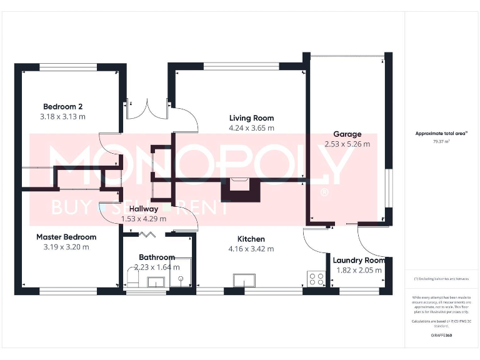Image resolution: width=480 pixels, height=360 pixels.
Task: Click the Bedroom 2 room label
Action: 62,106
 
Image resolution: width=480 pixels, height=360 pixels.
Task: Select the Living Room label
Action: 251,118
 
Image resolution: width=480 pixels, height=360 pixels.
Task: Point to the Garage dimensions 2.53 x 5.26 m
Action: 347,144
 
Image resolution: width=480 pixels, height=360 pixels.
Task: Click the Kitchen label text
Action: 251,239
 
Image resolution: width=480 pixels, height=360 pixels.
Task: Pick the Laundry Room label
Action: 358,261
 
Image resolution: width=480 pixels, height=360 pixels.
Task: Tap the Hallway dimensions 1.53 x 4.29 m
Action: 144,219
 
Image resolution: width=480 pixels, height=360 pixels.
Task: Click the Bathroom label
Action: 156,257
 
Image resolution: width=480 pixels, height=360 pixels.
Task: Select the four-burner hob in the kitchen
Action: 316,279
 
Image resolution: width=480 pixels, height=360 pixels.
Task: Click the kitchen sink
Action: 244,280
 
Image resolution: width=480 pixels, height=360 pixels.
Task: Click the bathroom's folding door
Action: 147,234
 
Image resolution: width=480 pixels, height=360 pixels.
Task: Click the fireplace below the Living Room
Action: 239,187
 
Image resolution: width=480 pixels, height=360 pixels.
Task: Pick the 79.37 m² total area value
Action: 442,141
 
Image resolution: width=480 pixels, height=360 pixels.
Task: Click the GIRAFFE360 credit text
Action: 441,336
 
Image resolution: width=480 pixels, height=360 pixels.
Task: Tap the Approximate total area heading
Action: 441,133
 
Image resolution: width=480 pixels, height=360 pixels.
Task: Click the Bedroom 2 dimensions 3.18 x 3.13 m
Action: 62,116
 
